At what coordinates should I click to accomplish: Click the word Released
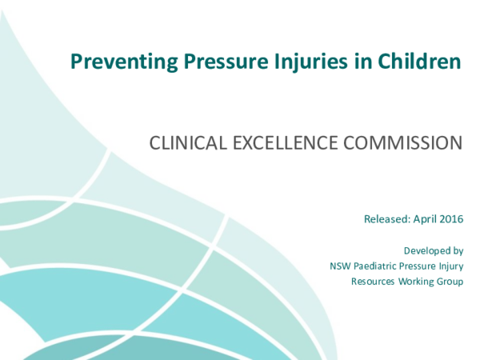(386, 218)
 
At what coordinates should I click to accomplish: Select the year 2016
(452, 218)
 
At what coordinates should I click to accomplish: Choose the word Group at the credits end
(451, 281)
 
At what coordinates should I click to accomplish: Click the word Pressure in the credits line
(418, 266)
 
